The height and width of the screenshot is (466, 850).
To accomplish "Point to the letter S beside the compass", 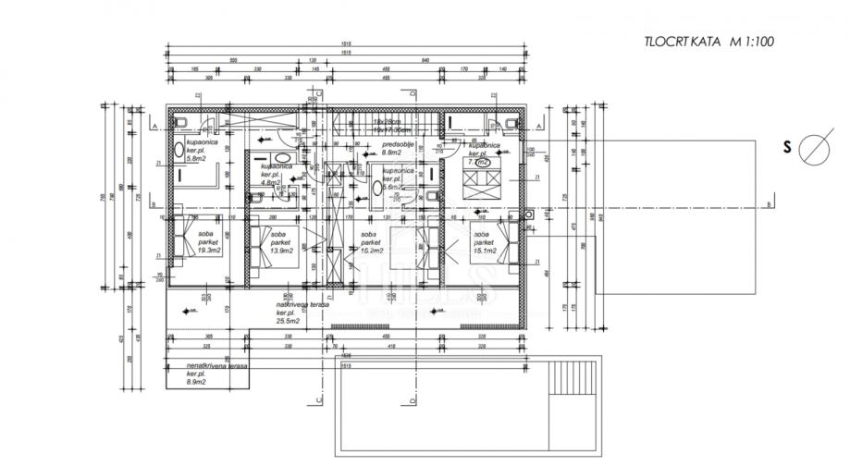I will tap(787, 147).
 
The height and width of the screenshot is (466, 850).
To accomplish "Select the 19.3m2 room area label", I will tap(206, 251).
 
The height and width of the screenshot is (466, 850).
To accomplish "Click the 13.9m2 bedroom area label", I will tap(283, 251).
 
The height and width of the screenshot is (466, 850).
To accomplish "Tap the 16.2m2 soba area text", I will tap(373, 251).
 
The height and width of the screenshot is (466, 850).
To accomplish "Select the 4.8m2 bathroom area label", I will tap(270, 182).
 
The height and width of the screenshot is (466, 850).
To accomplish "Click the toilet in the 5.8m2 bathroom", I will tap(182, 124).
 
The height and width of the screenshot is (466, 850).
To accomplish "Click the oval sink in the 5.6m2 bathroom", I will tap(377, 187).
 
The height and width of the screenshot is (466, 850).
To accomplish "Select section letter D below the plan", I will tap(410, 399).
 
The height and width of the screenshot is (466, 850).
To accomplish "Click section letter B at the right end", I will tap(769, 204).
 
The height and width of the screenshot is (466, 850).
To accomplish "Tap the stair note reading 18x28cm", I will tap(386, 122).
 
